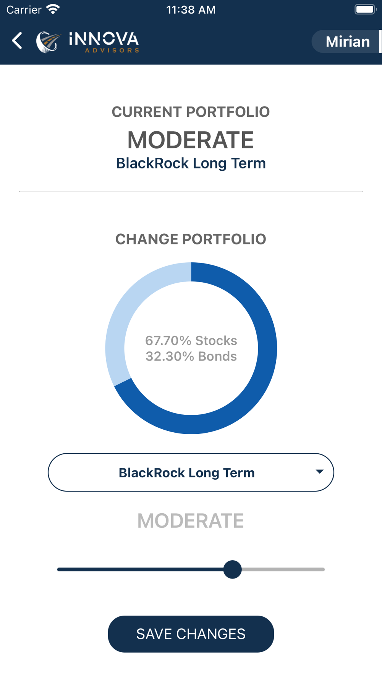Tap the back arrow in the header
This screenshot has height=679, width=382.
pyautogui.click(x=17, y=40)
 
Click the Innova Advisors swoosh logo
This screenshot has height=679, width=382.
pyautogui.click(x=48, y=42)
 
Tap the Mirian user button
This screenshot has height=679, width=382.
pyautogui.click(x=347, y=41)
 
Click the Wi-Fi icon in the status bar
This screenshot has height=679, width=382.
pyautogui.click(x=53, y=9)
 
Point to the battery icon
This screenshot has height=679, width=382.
pyautogui.click(x=366, y=9)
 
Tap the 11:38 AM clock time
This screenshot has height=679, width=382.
pyautogui.click(x=191, y=10)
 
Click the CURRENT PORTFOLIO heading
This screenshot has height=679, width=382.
pyautogui.click(x=191, y=112)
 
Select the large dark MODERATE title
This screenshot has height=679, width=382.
pyautogui.click(x=191, y=140)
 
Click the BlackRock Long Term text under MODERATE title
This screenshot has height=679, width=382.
pyautogui.click(x=191, y=163)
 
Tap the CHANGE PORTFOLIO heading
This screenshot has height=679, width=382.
pyautogui.click(x=191, y=239)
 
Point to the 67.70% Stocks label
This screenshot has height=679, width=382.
pyautogui.click(x=191, y=340)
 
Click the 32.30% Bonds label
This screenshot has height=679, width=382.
pyautogui.click(x=191, y=356)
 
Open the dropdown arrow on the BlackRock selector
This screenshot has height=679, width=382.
pyautogui.click(x=320, y=472)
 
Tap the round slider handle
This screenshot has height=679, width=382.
pyautogui.click(x=232, y=569)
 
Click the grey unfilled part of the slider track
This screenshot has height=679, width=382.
pyautogui.click(x=283, y=569)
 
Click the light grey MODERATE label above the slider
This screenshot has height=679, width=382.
pyautogui.click(x=191, y=521)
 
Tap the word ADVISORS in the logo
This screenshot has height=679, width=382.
pyautogui.click(x=112, y=50)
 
